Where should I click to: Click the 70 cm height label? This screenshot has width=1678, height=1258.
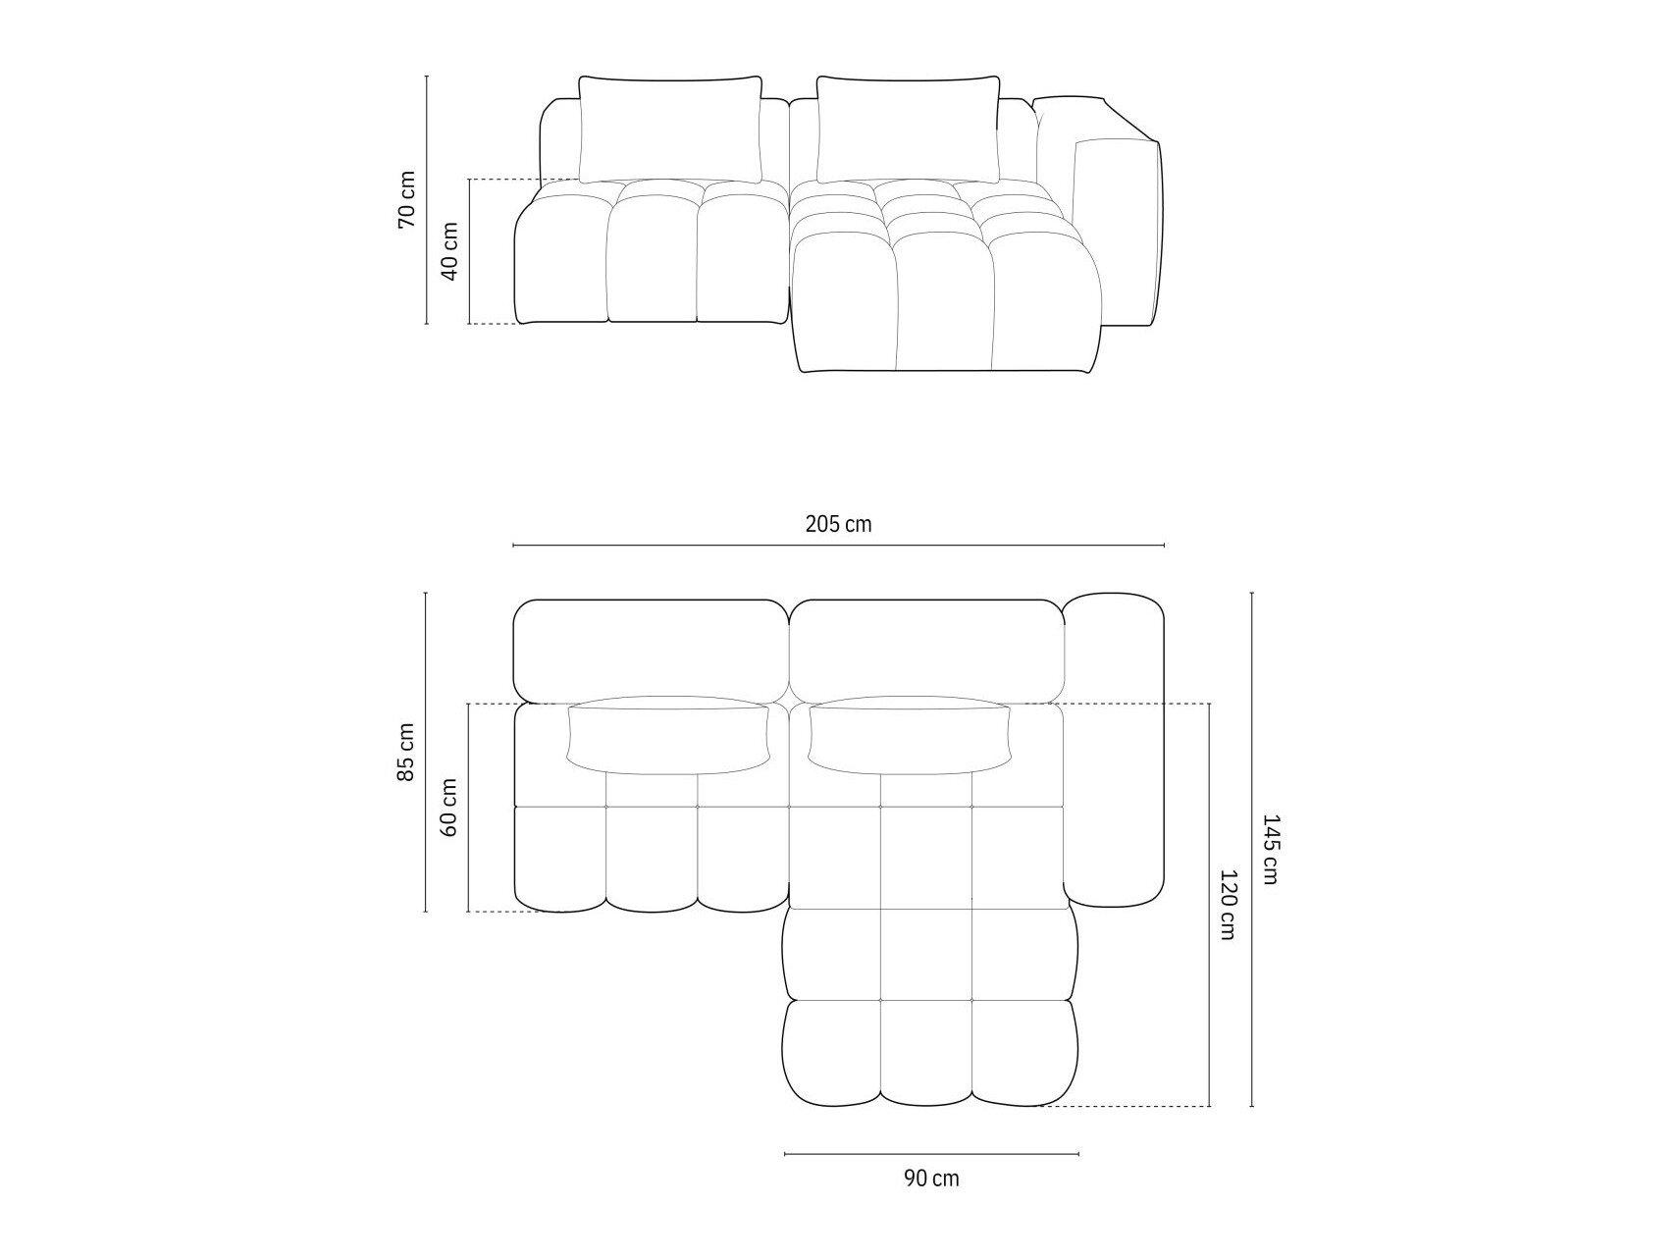click(406, 199)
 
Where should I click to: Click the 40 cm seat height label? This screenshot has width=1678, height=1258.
click(449, 251)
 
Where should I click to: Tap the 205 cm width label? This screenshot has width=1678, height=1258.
click(838, 524)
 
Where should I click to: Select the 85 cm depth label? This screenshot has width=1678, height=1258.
click(406, 753)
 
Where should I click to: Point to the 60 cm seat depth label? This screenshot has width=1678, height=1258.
click(449, 807)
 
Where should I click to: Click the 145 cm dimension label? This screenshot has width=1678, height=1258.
click(1270, 850)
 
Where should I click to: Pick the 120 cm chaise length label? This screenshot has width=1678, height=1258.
click(1227, 905)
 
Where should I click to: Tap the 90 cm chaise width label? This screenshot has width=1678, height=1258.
click(931, 1179)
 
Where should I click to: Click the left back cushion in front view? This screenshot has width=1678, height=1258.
click(670, 129)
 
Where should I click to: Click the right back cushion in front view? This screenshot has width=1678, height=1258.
click(908, 129)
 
